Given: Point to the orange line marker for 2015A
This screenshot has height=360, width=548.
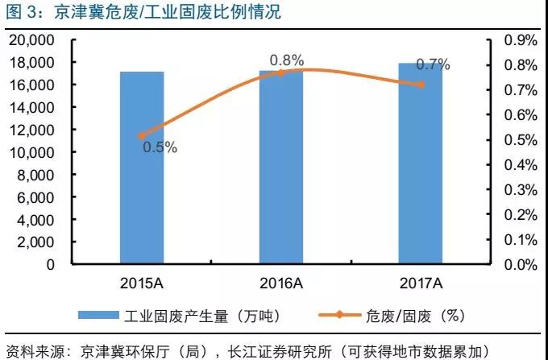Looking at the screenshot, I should [x=142, y=136].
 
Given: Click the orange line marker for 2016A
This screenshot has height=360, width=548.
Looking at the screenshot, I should [x=281, y=72].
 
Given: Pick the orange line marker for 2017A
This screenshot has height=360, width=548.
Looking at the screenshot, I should [x=420, y=85].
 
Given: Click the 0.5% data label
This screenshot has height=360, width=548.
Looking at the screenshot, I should [x=160, y=147].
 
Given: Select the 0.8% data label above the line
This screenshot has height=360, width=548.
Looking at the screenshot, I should [x=286, y=59].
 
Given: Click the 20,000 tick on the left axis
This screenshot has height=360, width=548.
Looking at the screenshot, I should [x=31, y=39].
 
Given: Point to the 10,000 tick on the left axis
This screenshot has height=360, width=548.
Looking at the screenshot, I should [x=31, y=151].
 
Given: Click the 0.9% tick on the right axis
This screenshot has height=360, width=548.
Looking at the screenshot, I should [x=520, y=39].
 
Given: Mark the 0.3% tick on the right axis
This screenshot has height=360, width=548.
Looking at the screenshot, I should [x=520, y=189].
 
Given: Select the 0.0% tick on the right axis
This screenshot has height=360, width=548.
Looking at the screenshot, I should [x=520, y=264].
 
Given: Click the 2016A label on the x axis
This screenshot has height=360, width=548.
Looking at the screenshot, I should [x=281, y=282].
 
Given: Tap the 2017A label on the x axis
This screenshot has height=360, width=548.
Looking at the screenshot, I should [x=420, y=282].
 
